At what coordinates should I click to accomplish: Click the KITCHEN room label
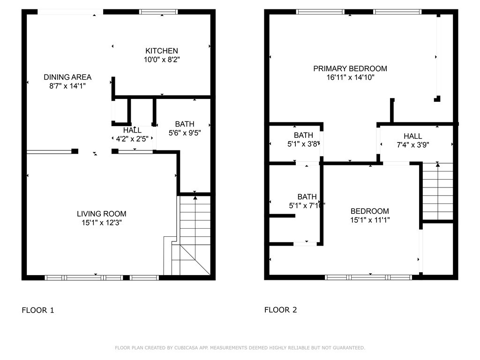(x=161, y=51)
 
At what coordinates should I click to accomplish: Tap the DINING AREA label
(x=67, y=77)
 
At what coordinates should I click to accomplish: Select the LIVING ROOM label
(x=101, y=214)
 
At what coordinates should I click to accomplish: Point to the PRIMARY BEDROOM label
(x=350, y=68)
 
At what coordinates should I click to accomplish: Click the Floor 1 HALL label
(x=132, y=130)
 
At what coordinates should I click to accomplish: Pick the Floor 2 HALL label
(x=412, y=136)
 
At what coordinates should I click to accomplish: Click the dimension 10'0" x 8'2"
(x=162, y=60)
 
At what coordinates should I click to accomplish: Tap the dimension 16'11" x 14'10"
(x=350, y=77)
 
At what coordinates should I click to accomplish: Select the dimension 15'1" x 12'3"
(x=102, y=223)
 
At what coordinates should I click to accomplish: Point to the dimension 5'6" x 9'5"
(x=185, y=133)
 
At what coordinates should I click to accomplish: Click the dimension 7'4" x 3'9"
(x=412, y=145)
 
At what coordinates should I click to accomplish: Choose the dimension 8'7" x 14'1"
(x=67, y=86)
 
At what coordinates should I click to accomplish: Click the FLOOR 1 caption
(x=37, y=310)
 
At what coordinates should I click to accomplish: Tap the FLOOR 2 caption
(x=280, y=310)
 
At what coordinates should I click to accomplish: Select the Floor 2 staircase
(x=438, y=191)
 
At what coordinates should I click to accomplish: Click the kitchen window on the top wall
(x=158, y=12)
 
